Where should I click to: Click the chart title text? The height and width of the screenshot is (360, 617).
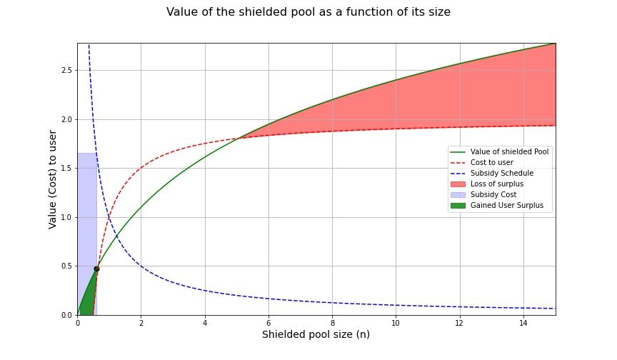(x=308, y=12)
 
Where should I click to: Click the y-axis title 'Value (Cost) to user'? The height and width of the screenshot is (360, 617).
(x=53, y=179)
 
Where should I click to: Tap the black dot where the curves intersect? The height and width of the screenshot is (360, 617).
(x=96, y=269)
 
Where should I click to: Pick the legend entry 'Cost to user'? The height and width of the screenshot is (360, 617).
(x=492, y=162)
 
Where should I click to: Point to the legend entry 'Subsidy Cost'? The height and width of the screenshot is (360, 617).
(x=493, y=194)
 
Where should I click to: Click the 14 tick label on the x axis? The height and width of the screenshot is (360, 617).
(x=523, y=323)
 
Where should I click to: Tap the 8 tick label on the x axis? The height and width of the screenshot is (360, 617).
(x=332, y=323)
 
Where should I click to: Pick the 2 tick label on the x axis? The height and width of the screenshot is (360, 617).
(x=141, y=323)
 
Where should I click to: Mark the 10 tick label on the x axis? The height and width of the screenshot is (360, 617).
(x=396, y=323)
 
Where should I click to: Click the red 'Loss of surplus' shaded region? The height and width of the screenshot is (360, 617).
(x=464, y=100)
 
